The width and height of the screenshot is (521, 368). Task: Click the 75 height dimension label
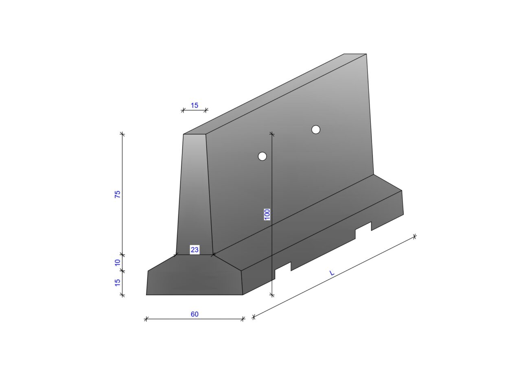[x=118, y=194]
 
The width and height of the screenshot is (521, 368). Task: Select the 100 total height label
[x=267, y=215]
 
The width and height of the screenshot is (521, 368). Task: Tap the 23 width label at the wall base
[x=195, y=250]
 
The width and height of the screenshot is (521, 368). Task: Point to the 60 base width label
[x=195, y=314]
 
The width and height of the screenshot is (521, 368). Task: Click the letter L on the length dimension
[x=332, y=273]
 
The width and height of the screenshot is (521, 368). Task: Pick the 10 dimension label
[x=118, y=263]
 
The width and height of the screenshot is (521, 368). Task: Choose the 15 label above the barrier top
[x=195, y=105]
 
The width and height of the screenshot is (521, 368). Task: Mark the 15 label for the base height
[x=118, y=283]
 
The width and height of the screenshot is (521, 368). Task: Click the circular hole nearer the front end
[x=263, y=156]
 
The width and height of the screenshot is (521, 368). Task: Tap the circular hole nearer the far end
[x=315, y=129]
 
